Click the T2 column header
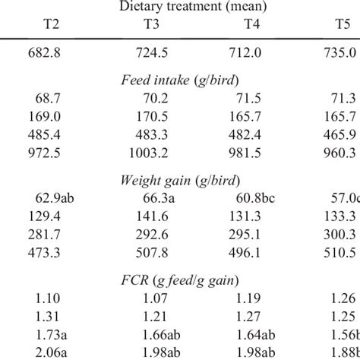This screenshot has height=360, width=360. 52,27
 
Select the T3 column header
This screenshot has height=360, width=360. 152,27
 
